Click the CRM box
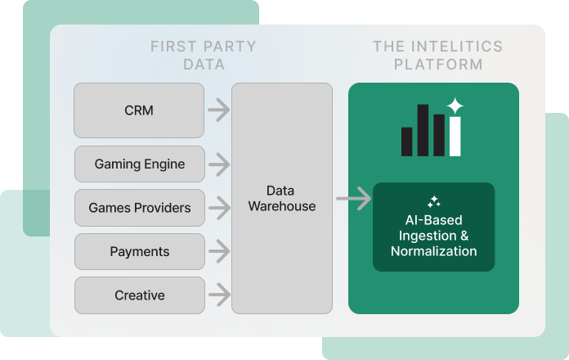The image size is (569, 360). click(140, 110)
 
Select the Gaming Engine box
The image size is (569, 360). click(140, 164)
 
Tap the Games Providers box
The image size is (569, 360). click(140, 208)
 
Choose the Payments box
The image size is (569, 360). click(140, 252)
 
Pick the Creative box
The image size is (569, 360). click(140, 295)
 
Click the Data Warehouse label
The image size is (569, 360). click(282, 198)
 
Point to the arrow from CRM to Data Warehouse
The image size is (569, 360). click(218, 109)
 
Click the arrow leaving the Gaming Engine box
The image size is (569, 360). click(218, 164)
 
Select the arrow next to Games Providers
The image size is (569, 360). click(218, 208)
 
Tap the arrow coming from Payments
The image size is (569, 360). click(218, 252)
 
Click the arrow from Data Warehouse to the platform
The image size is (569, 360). click(352, 198)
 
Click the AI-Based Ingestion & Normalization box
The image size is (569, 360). click(433, 227)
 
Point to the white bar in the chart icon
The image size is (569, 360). click(455, 136)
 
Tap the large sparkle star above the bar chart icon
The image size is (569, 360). click(455, 106)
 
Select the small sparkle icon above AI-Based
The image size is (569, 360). click(434, 201)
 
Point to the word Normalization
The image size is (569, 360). click(433, 251)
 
